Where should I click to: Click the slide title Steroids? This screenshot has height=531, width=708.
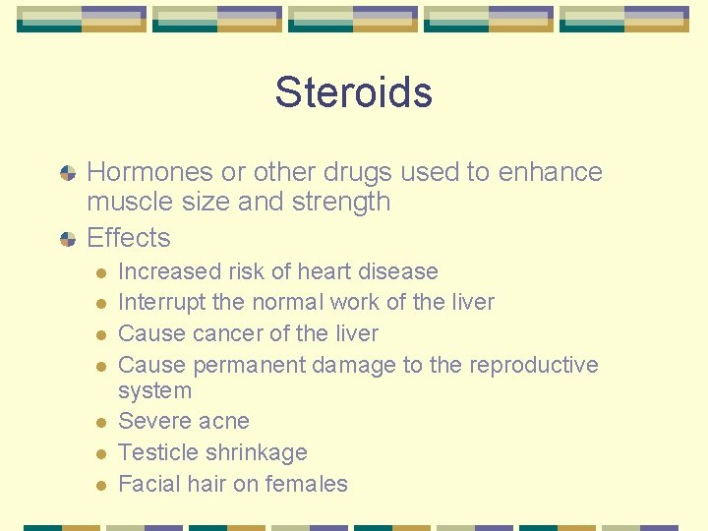[x=353, y=92]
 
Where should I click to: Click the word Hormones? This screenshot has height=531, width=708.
[x=149, y=172]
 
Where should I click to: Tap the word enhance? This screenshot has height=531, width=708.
[x=550, y=172]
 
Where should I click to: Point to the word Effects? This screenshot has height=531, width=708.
[x=129, y=238]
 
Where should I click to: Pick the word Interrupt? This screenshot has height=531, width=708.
[x=158, y=302]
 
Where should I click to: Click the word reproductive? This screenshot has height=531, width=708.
[x=534, y=365]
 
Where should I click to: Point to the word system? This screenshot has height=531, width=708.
[x=154, y=390]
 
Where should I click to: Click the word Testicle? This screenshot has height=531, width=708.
[x=156, y=453]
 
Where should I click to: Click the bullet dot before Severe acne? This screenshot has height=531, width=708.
[x=100, y=423]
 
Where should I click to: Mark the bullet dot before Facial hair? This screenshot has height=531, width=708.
[x=100, y=486]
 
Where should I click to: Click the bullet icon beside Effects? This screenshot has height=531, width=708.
[x=68, y=239]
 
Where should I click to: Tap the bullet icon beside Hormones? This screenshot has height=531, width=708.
[x=68, y=173]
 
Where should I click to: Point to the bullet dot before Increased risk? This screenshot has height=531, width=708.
[x=100, y=272]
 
